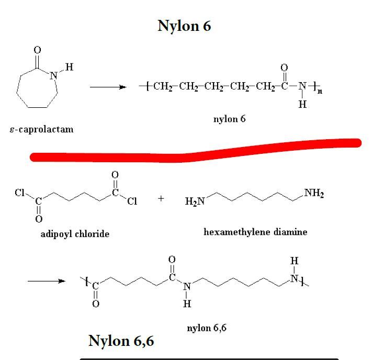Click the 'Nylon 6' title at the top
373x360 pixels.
tap(184, 26)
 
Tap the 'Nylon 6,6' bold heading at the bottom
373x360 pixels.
tap(121, 341)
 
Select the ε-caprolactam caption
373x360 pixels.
tap(42, 129)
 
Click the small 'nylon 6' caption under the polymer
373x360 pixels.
tap(229, 119)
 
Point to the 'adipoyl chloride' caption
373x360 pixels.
tap(75, 234)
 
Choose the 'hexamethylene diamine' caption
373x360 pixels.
tap(255, 231)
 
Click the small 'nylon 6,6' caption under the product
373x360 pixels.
tap(206, 328)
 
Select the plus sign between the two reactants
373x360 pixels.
tap(161, 199)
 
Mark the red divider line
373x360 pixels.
tap(194, 151)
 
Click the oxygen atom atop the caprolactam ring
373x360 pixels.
tap(37, 50)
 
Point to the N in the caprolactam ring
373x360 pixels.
tap(53, 75)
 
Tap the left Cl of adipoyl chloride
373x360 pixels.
tap(20, 193)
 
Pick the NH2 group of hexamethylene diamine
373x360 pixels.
tap(314, 194)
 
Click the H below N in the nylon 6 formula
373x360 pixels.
tap(302, 104)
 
